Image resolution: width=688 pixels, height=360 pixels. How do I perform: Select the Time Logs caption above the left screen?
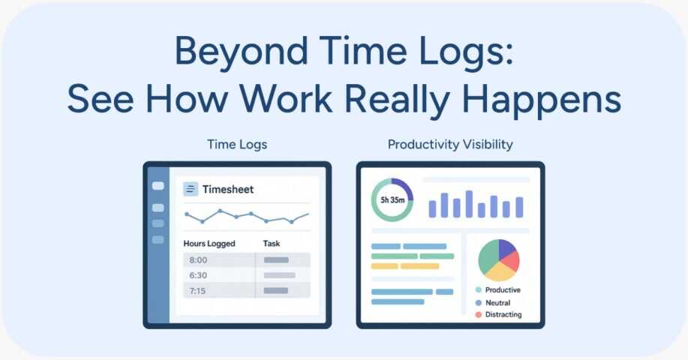(x=237, y=145)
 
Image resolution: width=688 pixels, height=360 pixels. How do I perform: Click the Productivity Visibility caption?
(x=450, y=145)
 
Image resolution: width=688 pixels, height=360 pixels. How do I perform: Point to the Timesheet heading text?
(x=228, y=190)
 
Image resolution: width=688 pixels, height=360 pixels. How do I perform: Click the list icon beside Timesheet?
(x=191, y=189)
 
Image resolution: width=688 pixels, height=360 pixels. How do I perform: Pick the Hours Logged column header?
(x=209, y=243)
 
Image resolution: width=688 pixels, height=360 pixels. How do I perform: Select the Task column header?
(x=271, y=243)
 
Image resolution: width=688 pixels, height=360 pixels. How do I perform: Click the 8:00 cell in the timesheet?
(x=198, y=260)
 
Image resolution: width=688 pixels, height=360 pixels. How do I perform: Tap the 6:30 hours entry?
(x=198, y=275)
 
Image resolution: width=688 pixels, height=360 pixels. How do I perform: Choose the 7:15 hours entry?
(x=197, y=291)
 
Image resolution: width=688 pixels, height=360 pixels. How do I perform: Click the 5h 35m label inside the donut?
(x=392, y=200)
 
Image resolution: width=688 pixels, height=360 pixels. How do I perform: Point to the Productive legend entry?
(x=498, y=289)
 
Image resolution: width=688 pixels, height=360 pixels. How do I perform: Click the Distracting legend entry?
(x=498, y=314)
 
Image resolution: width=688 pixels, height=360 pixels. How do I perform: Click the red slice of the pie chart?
(x=511, y=261)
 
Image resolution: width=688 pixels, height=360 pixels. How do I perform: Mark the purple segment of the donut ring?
(x=404, y=187)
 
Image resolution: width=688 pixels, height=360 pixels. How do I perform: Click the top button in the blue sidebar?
(x=158, y=186)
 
